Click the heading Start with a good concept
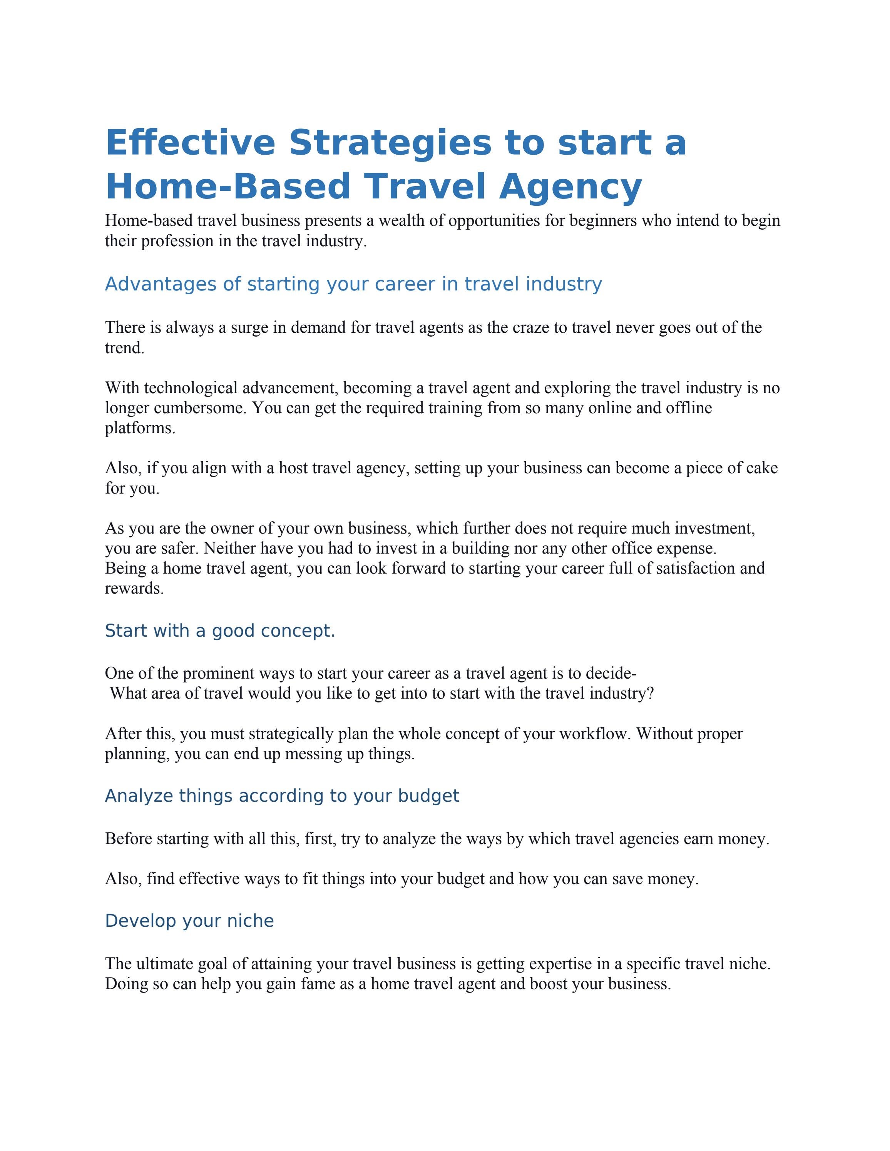coord(220,631)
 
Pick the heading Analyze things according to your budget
coord(282,796)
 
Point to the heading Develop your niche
coord(189,921)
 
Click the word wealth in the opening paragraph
coord(402,220)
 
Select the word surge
coord(249,327)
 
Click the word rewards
coord(134,589)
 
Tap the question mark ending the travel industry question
coord(650,694)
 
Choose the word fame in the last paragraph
coord(320,984)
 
